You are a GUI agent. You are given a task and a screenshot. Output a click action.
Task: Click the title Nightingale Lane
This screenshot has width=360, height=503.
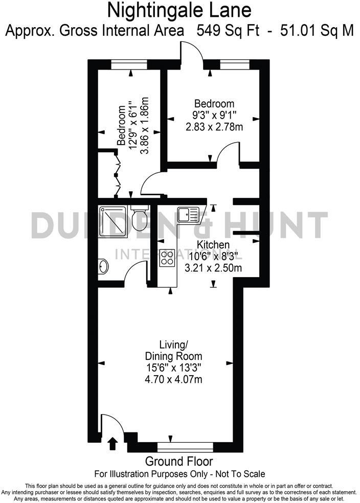pos(179,9)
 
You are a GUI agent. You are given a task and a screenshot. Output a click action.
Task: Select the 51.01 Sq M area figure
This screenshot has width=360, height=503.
pos(317,30)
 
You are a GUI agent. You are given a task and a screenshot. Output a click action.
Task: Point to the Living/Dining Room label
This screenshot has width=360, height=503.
pos(174,350)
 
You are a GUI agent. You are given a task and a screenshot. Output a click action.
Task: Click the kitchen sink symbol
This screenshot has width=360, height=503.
pos(188,214)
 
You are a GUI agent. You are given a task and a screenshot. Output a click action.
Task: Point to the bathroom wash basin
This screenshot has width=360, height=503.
pos(103,266)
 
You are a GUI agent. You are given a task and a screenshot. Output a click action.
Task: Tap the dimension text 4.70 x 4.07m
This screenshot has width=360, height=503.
pos(174,379)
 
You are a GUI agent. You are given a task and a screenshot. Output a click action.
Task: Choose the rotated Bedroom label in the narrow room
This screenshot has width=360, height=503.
pos(122,126)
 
